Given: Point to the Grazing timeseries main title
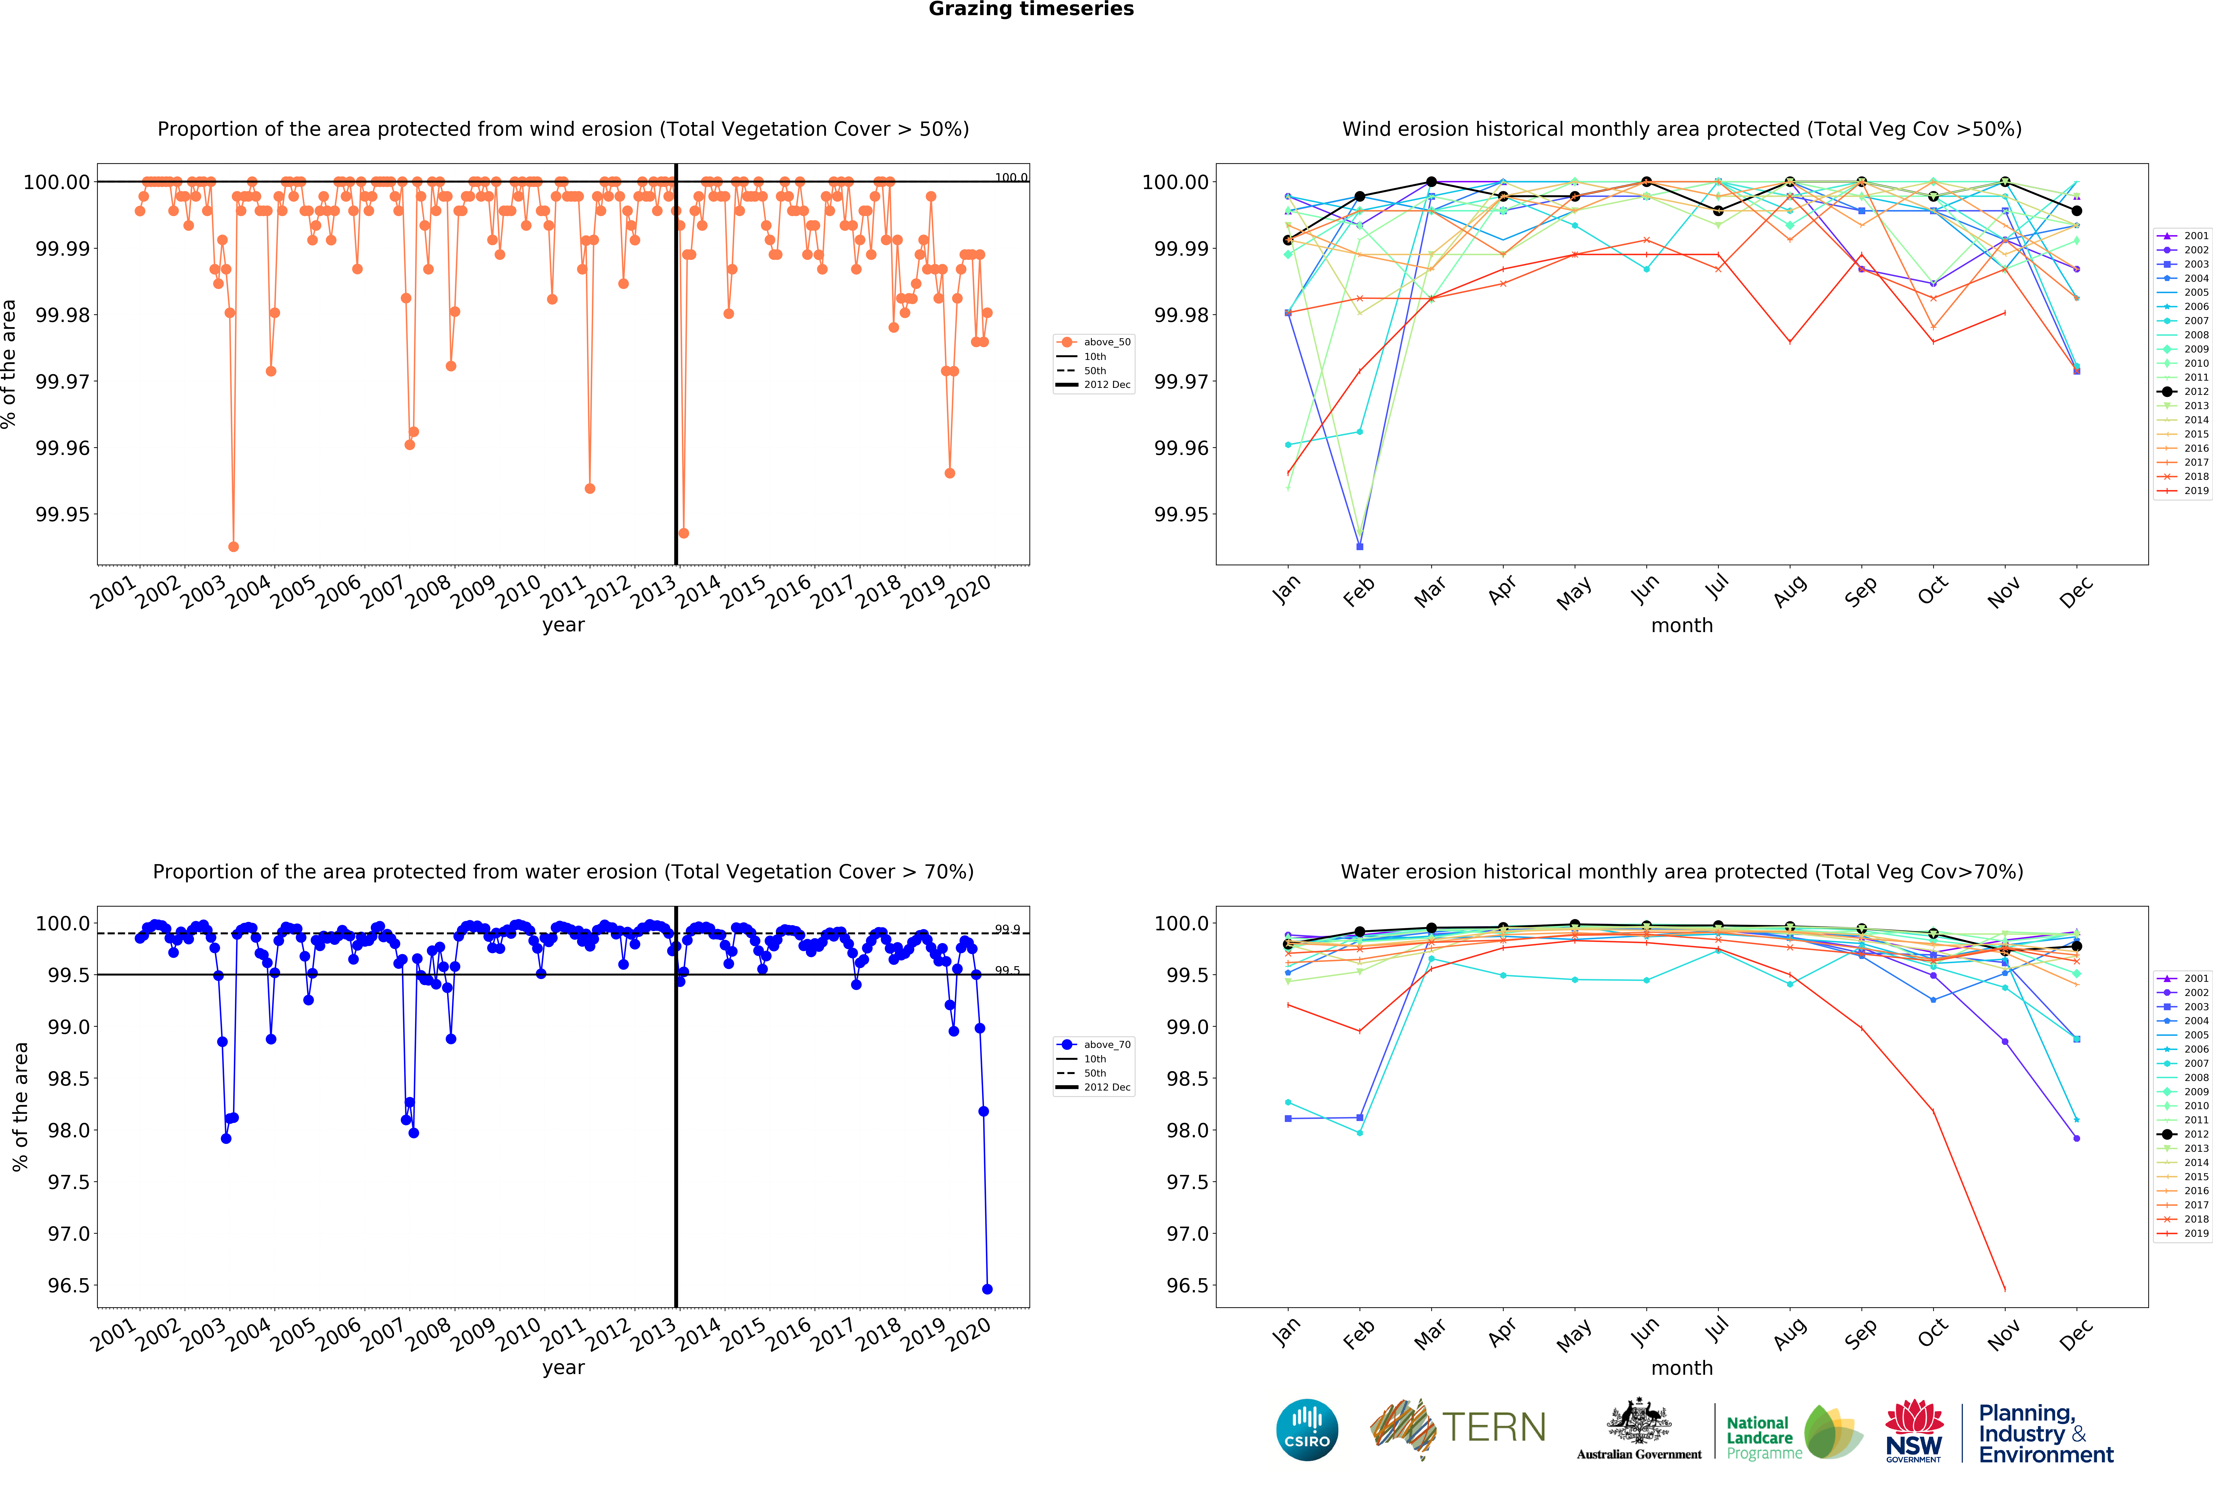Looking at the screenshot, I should click(1031, 10).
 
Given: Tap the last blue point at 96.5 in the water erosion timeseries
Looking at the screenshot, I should click(987, 1289).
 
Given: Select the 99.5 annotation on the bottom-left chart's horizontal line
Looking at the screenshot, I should click(1007, 970).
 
